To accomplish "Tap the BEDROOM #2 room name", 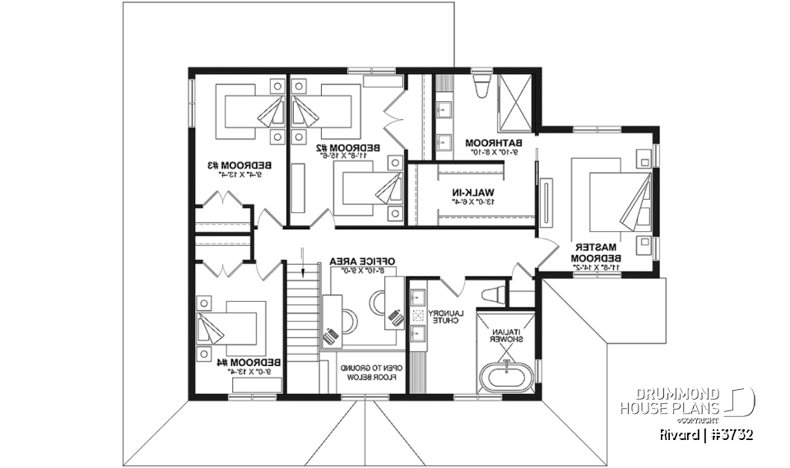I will tap(347, 149).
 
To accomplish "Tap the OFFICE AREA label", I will tap(363, 262).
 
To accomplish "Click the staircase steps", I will tap(302, 321).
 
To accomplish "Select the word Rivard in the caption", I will tap(680, 433).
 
